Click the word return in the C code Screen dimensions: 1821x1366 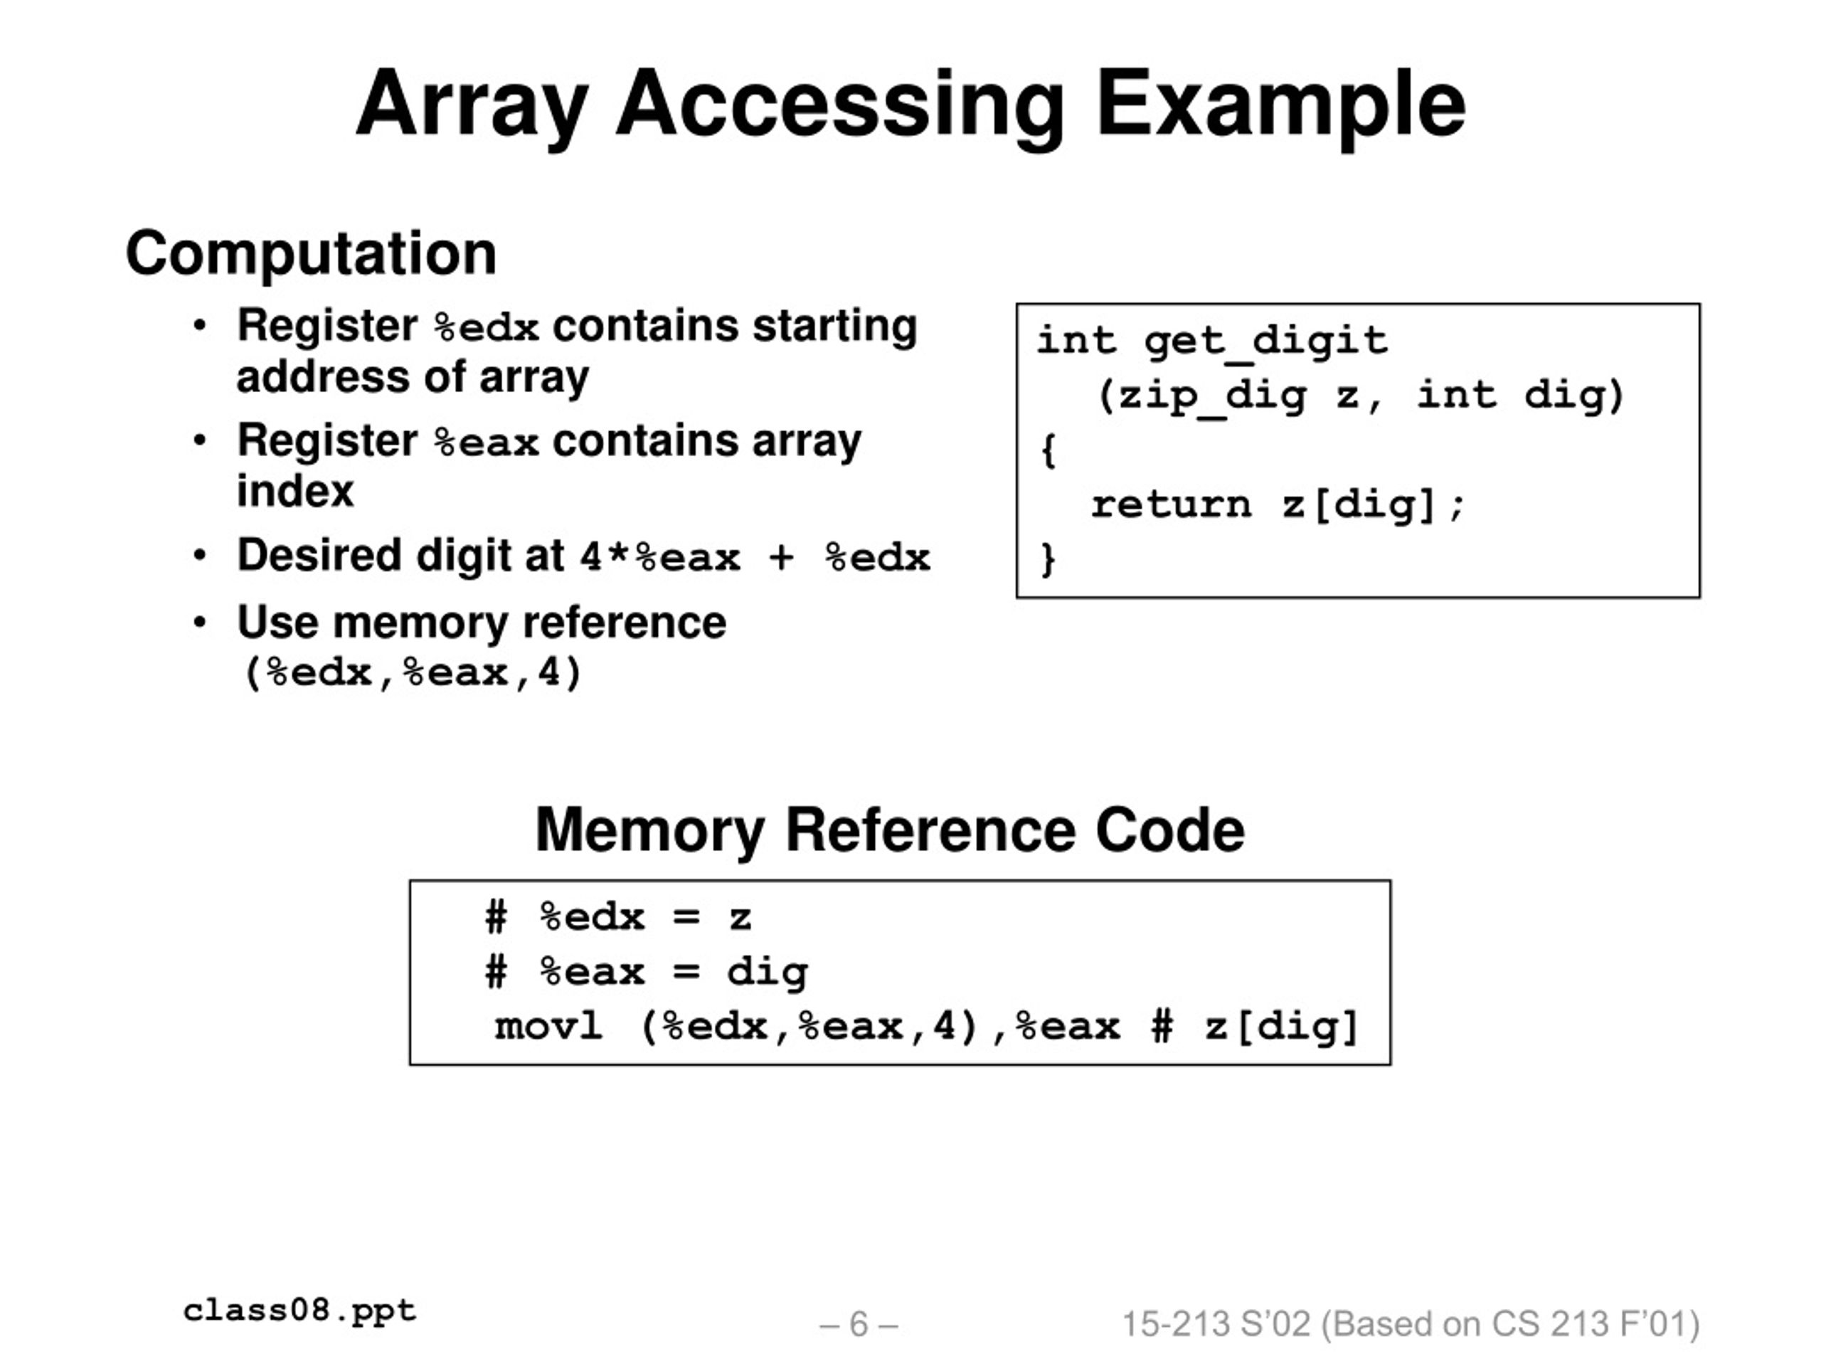coord(1171,504)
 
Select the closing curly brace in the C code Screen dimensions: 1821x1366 coord(1047,559)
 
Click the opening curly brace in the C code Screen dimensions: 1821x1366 coord(1047,450)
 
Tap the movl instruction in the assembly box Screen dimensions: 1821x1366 coord(548,1027)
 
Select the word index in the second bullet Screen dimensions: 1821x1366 coord(294,492)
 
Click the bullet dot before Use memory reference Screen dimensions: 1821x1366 coord(199,622)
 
